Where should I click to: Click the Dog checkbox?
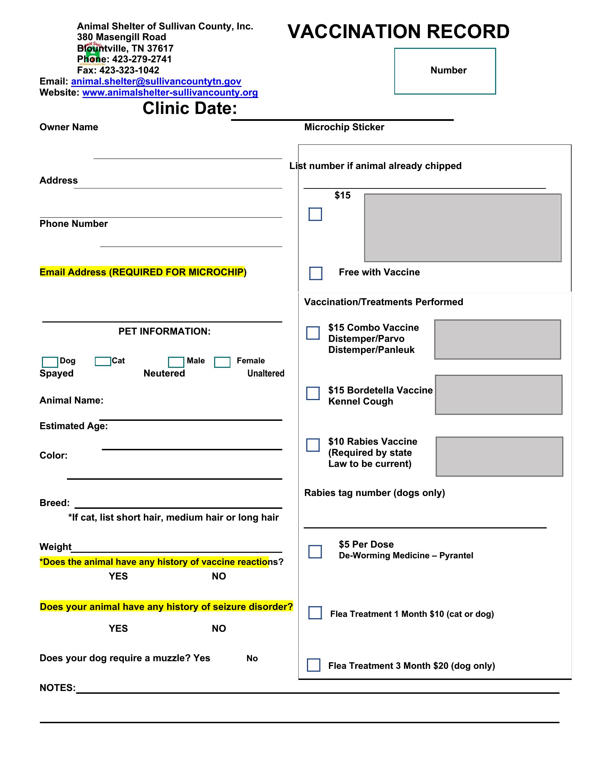click(x=50, y=362)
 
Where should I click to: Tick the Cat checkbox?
click(x=103, y=361)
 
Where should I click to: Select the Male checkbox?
click(x=176, y=362)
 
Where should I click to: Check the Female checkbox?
click(x=222, y=362)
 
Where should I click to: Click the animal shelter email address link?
click(x=156, y=81)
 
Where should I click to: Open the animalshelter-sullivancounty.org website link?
click(x=170, y=92)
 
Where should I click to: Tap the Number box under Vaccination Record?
click(x=445, y=71)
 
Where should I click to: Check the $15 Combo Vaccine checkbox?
click(x=313, y=333)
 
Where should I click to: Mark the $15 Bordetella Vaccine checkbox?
click(x=313, y=393)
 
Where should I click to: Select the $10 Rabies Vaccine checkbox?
click(x=313, y=445)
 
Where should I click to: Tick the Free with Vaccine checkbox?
click(x=315, y=273)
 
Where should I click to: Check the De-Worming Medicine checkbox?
click(x=315, y=552)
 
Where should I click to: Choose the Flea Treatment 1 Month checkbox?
click(x=315, y=613)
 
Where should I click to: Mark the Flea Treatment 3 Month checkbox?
click(x=313, y=665)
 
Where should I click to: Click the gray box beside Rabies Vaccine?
click(x=499, y=457)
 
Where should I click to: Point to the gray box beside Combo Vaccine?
click(x=497, y=339)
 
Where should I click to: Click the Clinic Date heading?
click(x=190, y=108)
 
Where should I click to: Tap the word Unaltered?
click(x=265, y=373)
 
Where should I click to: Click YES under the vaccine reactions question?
click(x=118, y=576)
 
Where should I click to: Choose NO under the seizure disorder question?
click(x=219, y=628)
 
